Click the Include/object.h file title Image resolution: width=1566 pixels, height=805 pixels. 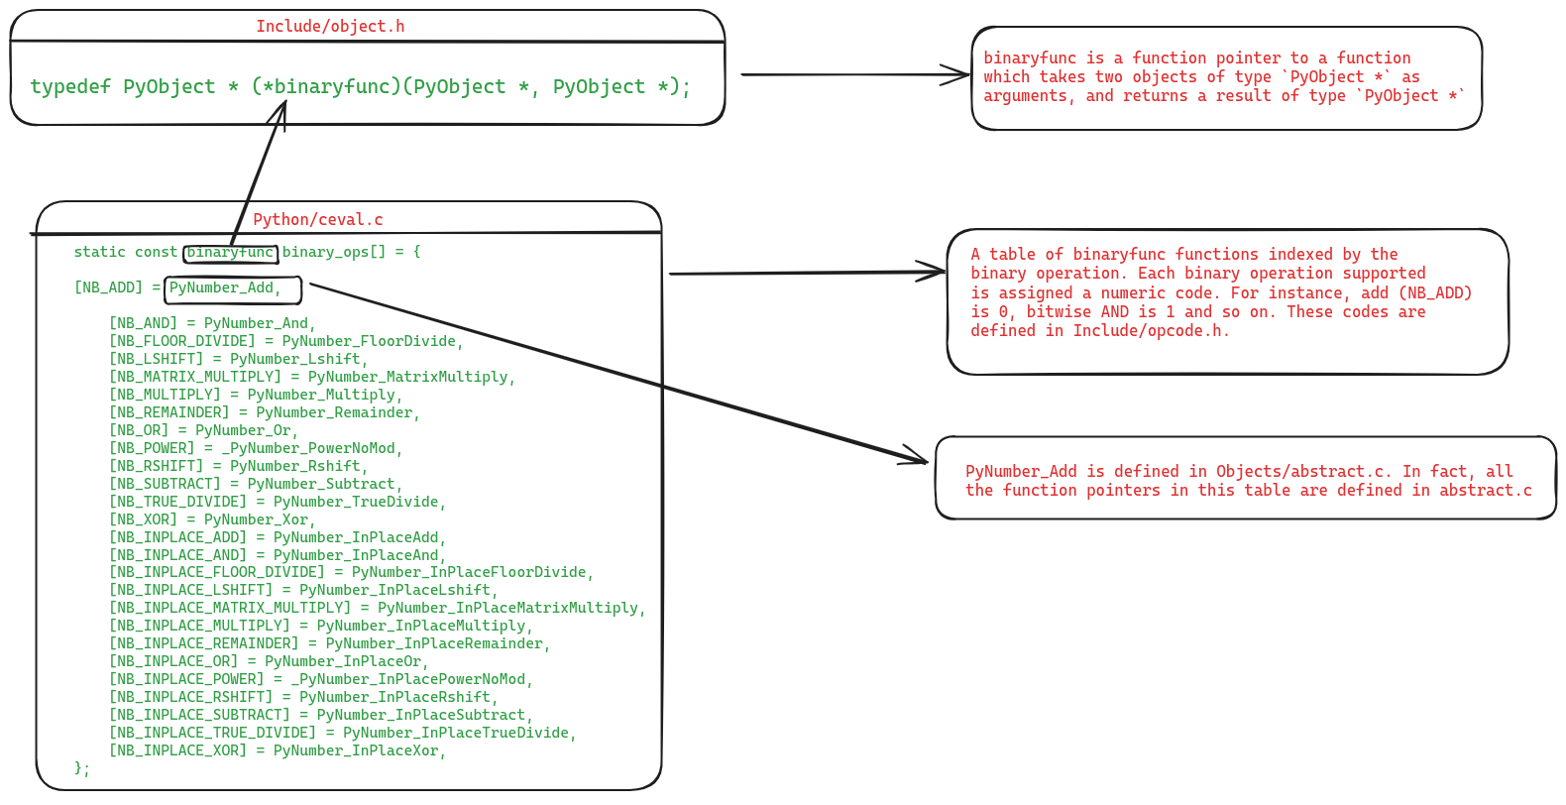pyautogui.click(x=330, y=26)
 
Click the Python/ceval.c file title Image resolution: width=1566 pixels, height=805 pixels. pyautogui.click(x=317, y=219)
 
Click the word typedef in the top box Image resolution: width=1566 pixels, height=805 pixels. pyautogui.click(x=70, y=86)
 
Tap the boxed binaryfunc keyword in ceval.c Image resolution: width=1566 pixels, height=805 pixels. pyautogui.click(x=230, y=253)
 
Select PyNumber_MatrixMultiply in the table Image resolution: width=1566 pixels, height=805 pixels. pyautogui.click(x=411, y=377)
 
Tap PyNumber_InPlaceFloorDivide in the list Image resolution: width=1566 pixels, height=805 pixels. pyautogui.click(x=472, y=572)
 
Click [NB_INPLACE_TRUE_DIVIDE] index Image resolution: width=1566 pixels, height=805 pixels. pyautogui.click(x=212, y=733)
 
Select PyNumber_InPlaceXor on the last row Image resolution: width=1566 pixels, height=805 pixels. pyautogui.click(x=359, y=750)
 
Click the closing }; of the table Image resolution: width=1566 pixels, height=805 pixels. pyautogui.click(x=82, y=768)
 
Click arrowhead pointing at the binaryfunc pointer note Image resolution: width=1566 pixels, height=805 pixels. pyautogui.click(x=962, y=74)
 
